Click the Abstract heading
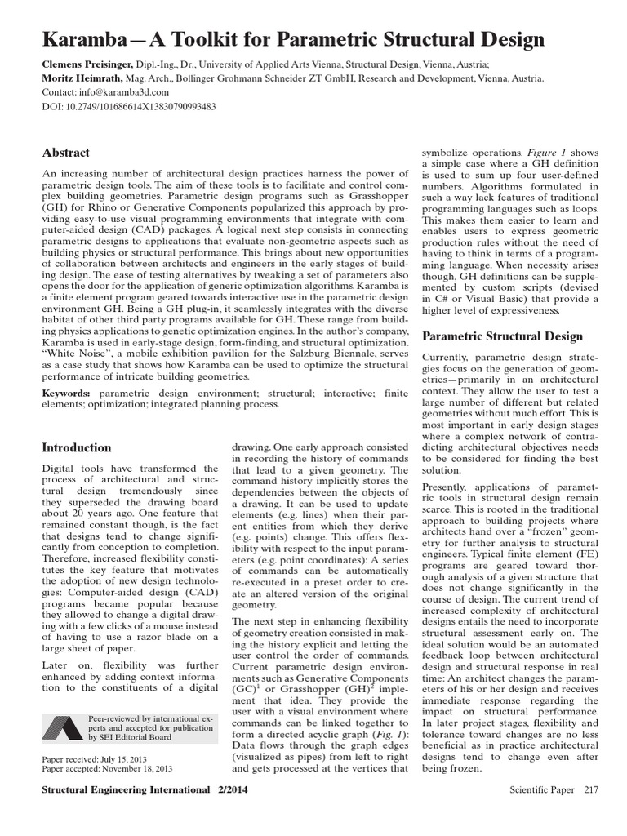pyautogui.click(x=65, y=153)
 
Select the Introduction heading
pyautogui.click(x=76, y=447)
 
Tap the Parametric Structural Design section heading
pyautogui.click(x=502, y=336)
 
